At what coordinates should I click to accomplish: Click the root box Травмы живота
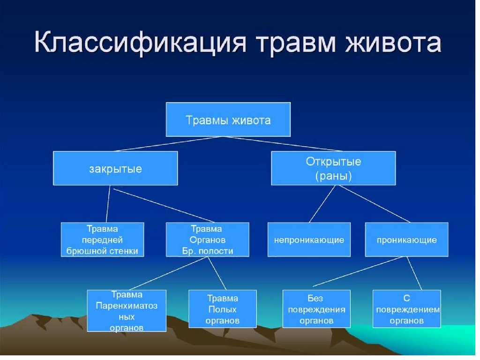point(228,120)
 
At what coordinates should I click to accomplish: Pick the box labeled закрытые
point(115,168)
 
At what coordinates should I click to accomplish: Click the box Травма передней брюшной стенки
point(103,240)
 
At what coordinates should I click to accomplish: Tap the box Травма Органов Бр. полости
point(207,240)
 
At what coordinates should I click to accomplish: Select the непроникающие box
point(309,240)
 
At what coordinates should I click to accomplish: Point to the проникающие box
point(406,240)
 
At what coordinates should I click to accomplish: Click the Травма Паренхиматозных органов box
point(127,311)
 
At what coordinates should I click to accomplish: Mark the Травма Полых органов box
point(222,309)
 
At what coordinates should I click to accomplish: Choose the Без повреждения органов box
point(317,309)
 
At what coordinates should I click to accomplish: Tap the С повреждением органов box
point(406,309)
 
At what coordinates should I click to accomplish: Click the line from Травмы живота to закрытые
point(171,144)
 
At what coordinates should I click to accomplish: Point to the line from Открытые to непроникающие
point(322,204)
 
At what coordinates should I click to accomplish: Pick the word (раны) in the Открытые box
point(333,176)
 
